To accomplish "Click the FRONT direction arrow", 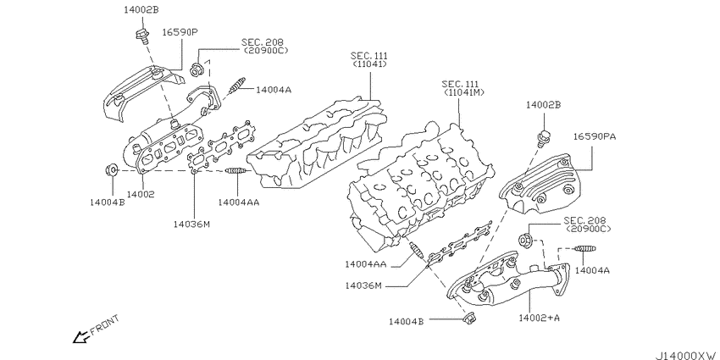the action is pyautogui.click(x=80, y=338).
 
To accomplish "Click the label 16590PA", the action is pyautogui.click(x=595, y=136).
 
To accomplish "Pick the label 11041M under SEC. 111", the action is pyautogui.click(x=464, y=93).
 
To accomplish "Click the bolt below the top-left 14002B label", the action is pyautogui.click(x=142, y=36).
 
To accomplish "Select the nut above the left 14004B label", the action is pyautogui.click(x=111, y=170).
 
